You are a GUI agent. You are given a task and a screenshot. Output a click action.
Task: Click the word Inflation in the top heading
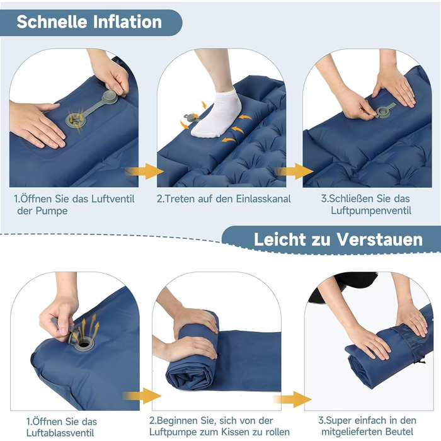[x=127, y=21]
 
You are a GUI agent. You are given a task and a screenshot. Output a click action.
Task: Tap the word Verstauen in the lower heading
[x=380, y=239]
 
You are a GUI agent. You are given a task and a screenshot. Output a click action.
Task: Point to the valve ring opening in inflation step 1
[x=75, y=120]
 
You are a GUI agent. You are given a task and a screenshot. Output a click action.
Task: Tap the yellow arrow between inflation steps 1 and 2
[x=144, y=171]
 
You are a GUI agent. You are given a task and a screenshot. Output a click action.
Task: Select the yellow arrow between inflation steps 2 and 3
[x=294, y=171]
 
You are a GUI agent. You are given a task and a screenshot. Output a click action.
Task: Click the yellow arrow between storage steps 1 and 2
[x=142, y=396]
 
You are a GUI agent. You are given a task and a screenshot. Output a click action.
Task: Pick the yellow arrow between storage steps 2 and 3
[x=292, y=399]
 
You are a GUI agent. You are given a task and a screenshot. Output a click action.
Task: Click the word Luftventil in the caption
[x=113, y=199]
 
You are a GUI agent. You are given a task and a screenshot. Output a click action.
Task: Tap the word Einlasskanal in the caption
[x=263, y=199]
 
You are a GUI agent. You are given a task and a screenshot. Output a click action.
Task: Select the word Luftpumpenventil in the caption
[x=371, y=210]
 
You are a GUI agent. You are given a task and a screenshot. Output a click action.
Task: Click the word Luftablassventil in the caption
[x=60, y=433]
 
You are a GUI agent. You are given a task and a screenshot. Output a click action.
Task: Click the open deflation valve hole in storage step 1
[x=83, y=344]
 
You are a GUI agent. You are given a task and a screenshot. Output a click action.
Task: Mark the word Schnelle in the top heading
[x=52, y=21]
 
